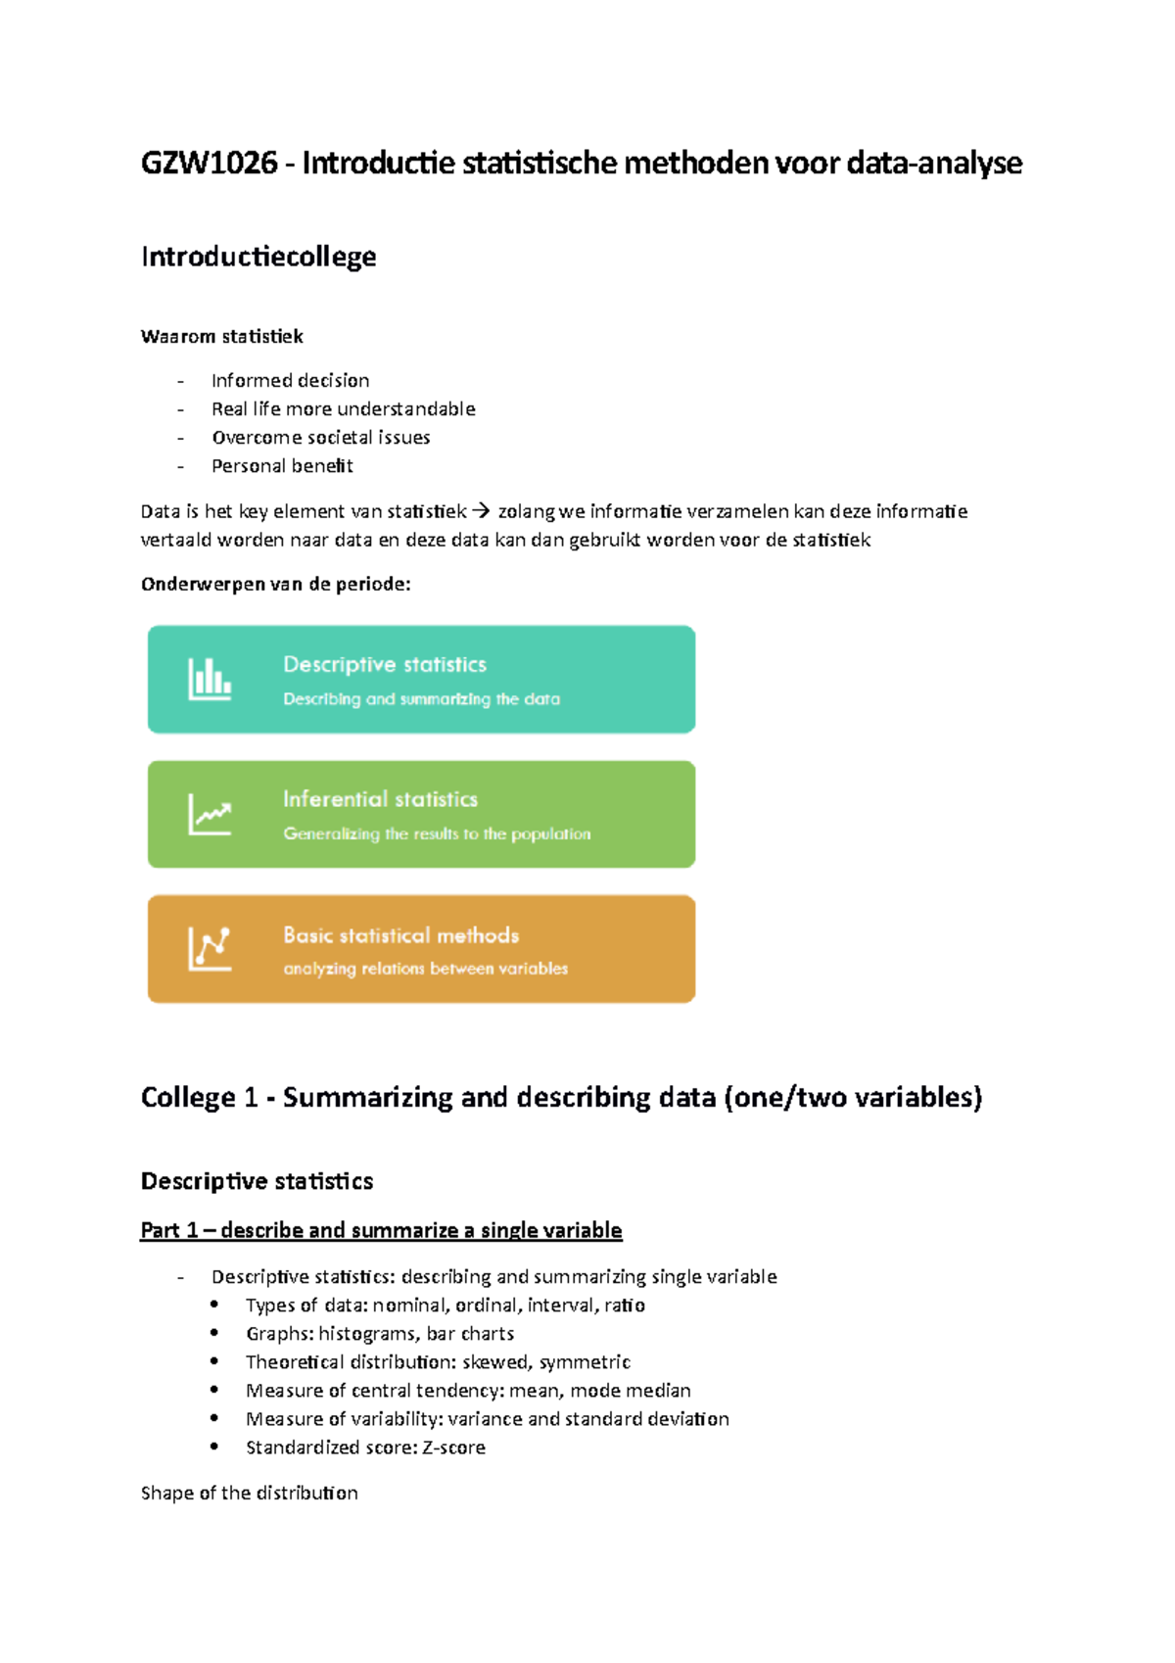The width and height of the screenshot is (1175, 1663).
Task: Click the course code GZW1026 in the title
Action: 209,163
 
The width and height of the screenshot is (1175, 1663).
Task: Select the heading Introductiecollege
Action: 258,257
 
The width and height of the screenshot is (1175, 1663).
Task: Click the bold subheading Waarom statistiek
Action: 222,337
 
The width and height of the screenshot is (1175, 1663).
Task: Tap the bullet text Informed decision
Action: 290,380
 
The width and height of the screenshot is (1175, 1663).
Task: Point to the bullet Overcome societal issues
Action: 320,437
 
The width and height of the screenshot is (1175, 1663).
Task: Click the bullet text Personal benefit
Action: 282,466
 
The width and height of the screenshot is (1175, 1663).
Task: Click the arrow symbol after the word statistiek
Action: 480,510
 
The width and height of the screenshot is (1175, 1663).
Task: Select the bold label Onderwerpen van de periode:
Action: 275,585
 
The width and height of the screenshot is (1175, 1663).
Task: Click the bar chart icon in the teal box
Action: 210,679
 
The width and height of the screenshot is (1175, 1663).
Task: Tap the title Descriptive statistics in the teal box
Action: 384,664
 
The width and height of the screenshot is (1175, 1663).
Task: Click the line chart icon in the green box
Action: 210,814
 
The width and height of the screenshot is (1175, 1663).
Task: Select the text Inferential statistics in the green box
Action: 380,799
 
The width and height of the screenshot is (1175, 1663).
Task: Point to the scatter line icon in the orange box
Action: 210,948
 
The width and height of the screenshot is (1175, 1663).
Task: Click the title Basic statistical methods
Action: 400,935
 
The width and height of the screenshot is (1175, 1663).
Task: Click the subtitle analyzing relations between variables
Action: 425,969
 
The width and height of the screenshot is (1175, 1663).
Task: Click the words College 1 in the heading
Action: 199,1097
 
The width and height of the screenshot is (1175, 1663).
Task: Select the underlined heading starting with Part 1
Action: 381,1230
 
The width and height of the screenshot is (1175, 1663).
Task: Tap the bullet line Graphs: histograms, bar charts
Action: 379,1333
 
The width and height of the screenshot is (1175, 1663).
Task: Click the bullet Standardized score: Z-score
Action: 365,1447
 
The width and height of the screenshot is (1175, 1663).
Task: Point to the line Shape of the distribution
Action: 249,1493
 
